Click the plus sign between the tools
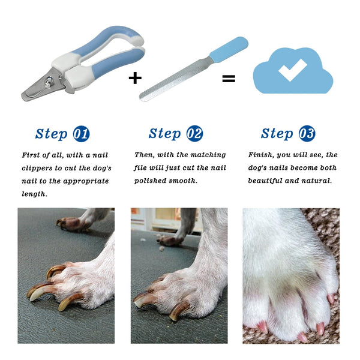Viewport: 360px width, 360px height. [x=136, y=78]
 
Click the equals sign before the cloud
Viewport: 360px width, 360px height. [x=229, y=78]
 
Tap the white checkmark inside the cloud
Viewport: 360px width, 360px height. [x=292, y=70]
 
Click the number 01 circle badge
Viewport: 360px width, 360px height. [x=81, y=133]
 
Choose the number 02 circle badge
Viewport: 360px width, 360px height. [x=194, y=133]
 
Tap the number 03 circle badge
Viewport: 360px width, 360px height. [x=307, y=133]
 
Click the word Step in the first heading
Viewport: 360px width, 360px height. [x=51, y=133]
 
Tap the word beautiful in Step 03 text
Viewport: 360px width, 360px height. [x=268, y=181]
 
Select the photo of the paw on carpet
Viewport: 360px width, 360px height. [x=290, y=275]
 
